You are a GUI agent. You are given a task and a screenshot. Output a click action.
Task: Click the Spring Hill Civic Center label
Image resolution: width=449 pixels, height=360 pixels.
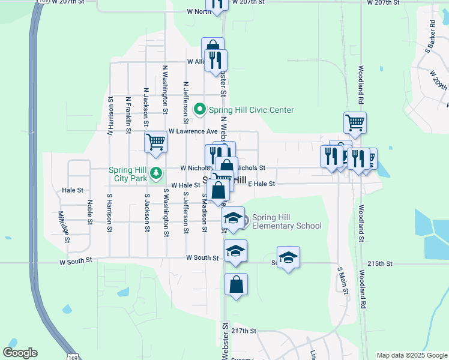[x=251, y=110]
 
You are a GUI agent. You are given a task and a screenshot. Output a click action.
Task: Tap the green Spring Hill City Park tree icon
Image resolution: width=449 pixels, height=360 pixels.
[x=156, y=173]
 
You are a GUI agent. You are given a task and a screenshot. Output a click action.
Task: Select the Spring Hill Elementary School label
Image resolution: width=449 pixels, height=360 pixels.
[x=286, y=221]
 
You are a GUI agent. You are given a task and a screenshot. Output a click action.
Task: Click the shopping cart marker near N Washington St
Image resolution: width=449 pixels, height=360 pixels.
[x=155, y=142]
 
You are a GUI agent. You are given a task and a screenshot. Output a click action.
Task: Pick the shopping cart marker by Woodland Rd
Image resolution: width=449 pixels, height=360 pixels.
[x=355, y=122]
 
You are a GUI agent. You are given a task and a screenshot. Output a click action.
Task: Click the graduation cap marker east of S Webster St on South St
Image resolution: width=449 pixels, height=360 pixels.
[x=288, y=257]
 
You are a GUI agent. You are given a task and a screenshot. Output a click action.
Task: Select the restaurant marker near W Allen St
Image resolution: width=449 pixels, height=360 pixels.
[x=215, y=60]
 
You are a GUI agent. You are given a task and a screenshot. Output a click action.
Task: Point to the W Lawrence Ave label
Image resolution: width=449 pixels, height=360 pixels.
[x=193, y=131]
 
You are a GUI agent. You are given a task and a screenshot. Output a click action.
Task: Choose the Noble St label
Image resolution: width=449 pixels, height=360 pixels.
[x=90, y=212]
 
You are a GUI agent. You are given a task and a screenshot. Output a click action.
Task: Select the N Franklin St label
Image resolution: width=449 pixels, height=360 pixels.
[x=128, y=113]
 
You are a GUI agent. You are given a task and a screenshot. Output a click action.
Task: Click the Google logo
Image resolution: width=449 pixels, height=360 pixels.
[x=20, y=353]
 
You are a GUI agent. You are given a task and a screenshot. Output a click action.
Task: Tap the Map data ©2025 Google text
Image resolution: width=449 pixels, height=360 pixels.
[x=411, y=355]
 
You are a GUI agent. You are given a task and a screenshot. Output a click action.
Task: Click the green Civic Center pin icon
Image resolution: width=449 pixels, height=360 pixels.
[x=200, y=110]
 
